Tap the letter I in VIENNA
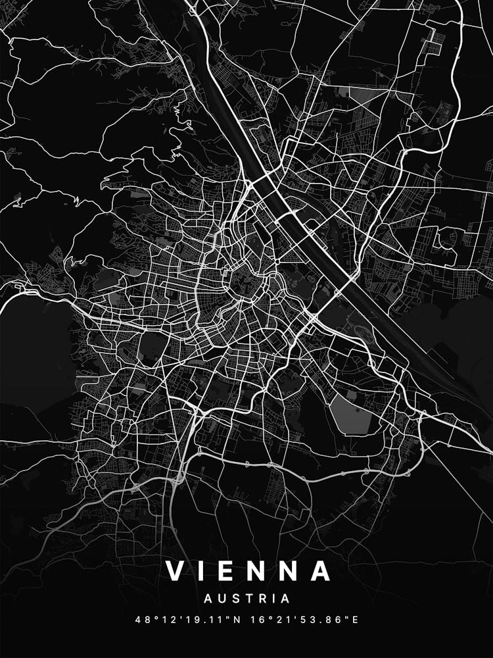206,570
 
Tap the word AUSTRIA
246,599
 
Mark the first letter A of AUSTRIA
208,599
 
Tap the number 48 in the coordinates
141,620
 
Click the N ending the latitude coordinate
237,620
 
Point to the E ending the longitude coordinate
355,620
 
